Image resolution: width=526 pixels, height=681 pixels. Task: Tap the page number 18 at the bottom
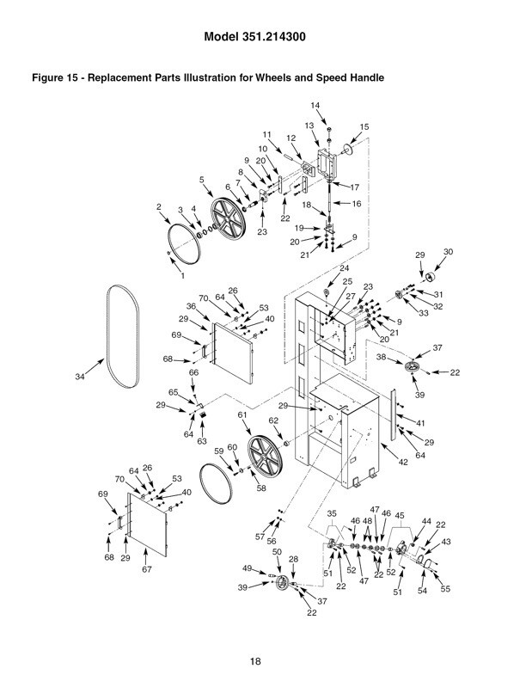[254, 660]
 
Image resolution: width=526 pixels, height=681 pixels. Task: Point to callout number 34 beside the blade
[81, 377]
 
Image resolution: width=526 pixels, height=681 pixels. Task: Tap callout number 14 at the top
[315, 106]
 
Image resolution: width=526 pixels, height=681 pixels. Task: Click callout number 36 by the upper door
[190, 306]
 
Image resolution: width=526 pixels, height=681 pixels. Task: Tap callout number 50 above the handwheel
[278, 552]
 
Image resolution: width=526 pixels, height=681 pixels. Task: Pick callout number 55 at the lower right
[445, 589]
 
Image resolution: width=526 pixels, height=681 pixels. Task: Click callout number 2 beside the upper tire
[159, 207]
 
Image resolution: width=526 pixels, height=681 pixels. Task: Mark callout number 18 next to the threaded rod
[307, 206]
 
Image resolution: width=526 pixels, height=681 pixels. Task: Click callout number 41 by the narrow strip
[421, 423]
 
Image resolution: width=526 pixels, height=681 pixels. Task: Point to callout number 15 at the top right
[364, 126]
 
